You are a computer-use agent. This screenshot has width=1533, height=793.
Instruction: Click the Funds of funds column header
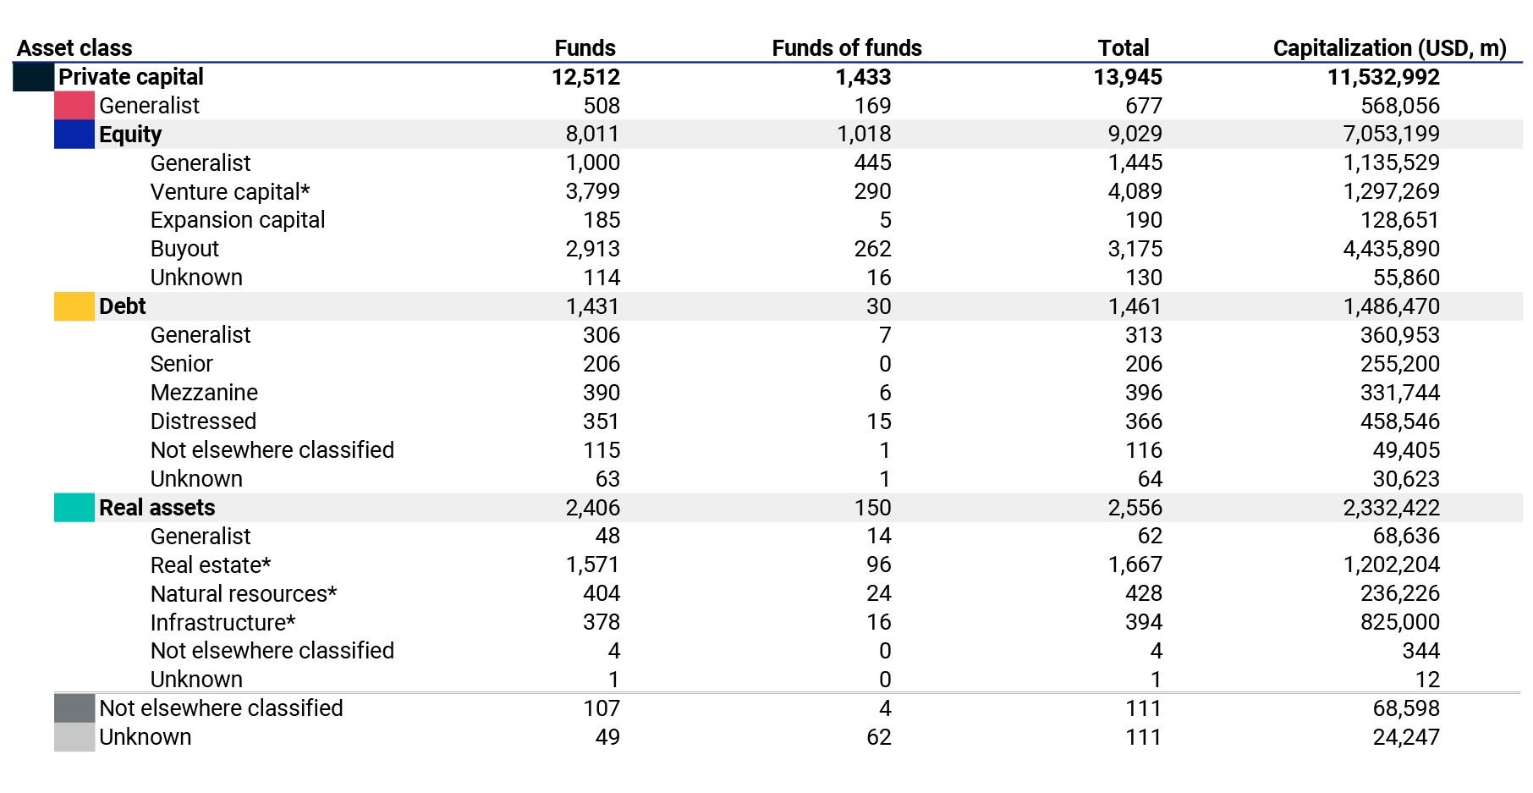pos(846,48)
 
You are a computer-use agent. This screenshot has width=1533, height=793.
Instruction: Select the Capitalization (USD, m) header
pos(1389,48)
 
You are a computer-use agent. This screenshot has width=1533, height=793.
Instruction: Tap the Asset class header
pos(74,48)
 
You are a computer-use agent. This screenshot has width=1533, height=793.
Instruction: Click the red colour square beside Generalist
pos(74,106)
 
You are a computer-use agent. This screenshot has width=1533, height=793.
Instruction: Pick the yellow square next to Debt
pos(74,306)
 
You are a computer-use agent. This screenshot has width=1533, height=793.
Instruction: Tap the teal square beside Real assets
pos(74,508)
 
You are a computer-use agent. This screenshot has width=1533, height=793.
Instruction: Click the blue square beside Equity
pos(74,135)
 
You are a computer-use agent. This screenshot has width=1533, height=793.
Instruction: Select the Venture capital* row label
pos(229,192)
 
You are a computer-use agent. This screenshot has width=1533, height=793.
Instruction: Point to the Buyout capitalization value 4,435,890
pos(1391,249)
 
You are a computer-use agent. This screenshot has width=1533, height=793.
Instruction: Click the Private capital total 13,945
pos(1127,77)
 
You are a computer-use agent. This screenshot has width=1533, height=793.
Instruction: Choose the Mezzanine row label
pos(204,393)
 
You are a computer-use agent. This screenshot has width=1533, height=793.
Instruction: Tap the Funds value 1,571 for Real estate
pos(592,564)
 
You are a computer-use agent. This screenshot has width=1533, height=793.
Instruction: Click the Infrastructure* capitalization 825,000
pos(1399,622)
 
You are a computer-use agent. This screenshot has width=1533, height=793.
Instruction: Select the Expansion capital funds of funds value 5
pos(885,220)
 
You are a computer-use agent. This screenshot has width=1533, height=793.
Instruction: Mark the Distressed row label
pos(203,421)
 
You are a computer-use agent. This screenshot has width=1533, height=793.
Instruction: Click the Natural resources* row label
pos(243,594)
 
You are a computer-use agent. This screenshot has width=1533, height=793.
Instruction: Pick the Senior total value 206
pos(1143,364)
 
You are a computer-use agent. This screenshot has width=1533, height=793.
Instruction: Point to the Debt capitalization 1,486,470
pos(1391,306)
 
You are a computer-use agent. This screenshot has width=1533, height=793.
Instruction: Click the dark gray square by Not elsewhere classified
pos(74,708)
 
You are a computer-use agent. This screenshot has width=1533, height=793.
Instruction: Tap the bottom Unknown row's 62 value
pos(878,737)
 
